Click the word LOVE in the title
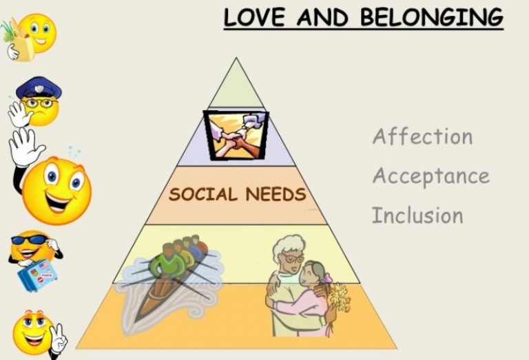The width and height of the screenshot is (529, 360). pyautogui.click(x=251, y=17)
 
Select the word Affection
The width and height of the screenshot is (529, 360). pyautogui.click(x=422, y=136)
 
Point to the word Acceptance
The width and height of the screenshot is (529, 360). pyautogui.click(x=431, y=176)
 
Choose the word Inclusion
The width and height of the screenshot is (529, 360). pyautogui.click(x=417, y=215)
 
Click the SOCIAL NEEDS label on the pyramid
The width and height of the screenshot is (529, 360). pyautogui.click(x=237, y=194)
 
